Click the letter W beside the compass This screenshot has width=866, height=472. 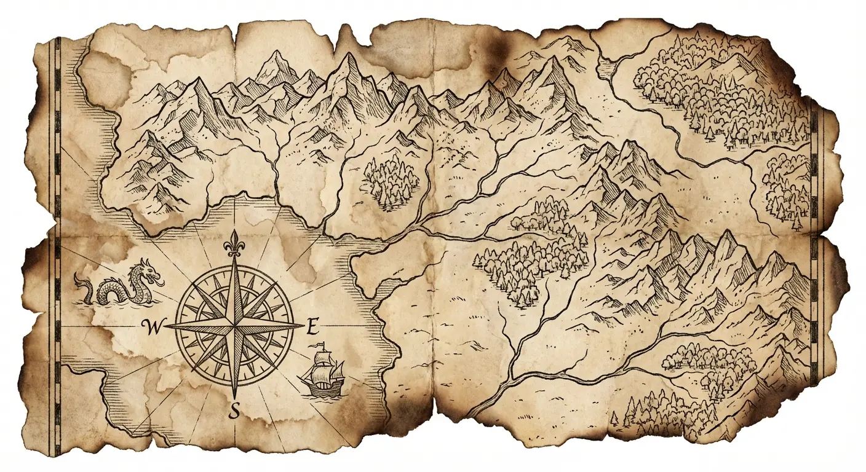coord(149,326)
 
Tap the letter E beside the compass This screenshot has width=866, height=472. coord(312,326)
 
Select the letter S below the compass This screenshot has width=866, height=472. coord(234,411)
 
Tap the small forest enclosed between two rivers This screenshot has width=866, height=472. coord(391,180)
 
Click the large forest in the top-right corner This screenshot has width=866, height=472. coord(720,92)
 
